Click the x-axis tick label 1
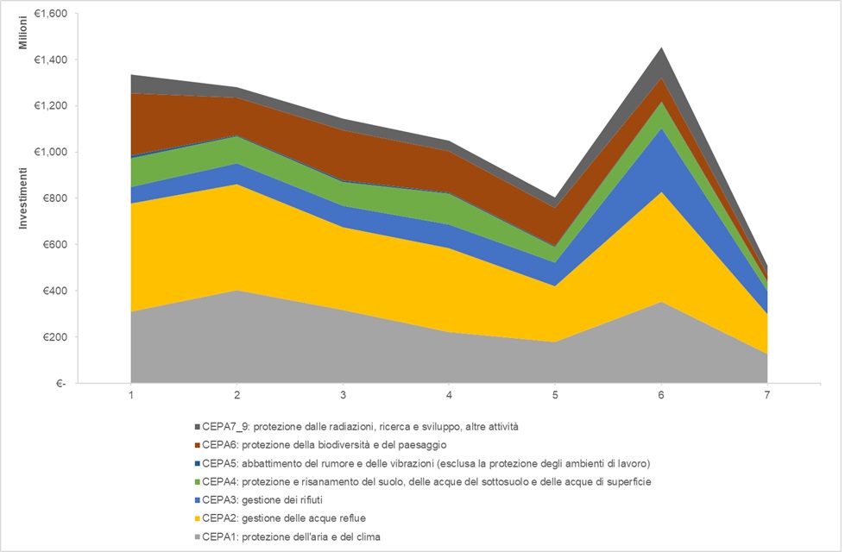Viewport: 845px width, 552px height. pyautogui.click(x=131, y=395)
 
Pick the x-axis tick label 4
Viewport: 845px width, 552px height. pyautogui.click(x=449, y=395)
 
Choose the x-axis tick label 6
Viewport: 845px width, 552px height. pyautogui.click(x=661, y=395)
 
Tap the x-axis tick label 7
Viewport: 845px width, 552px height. pyautogui.click(x=766, y=395)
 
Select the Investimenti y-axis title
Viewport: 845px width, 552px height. pyautogui.click(x=26, y=198)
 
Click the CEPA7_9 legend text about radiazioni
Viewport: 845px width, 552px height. pyautogui.click(x=363, y=427)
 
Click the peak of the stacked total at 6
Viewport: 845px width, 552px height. pyautogui.click(x=661, y=47)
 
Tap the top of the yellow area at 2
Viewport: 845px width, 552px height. pyautogui.click(x=237, y=185)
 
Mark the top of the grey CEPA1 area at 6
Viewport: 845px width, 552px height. pyautogui.click(x=661, y=302)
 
